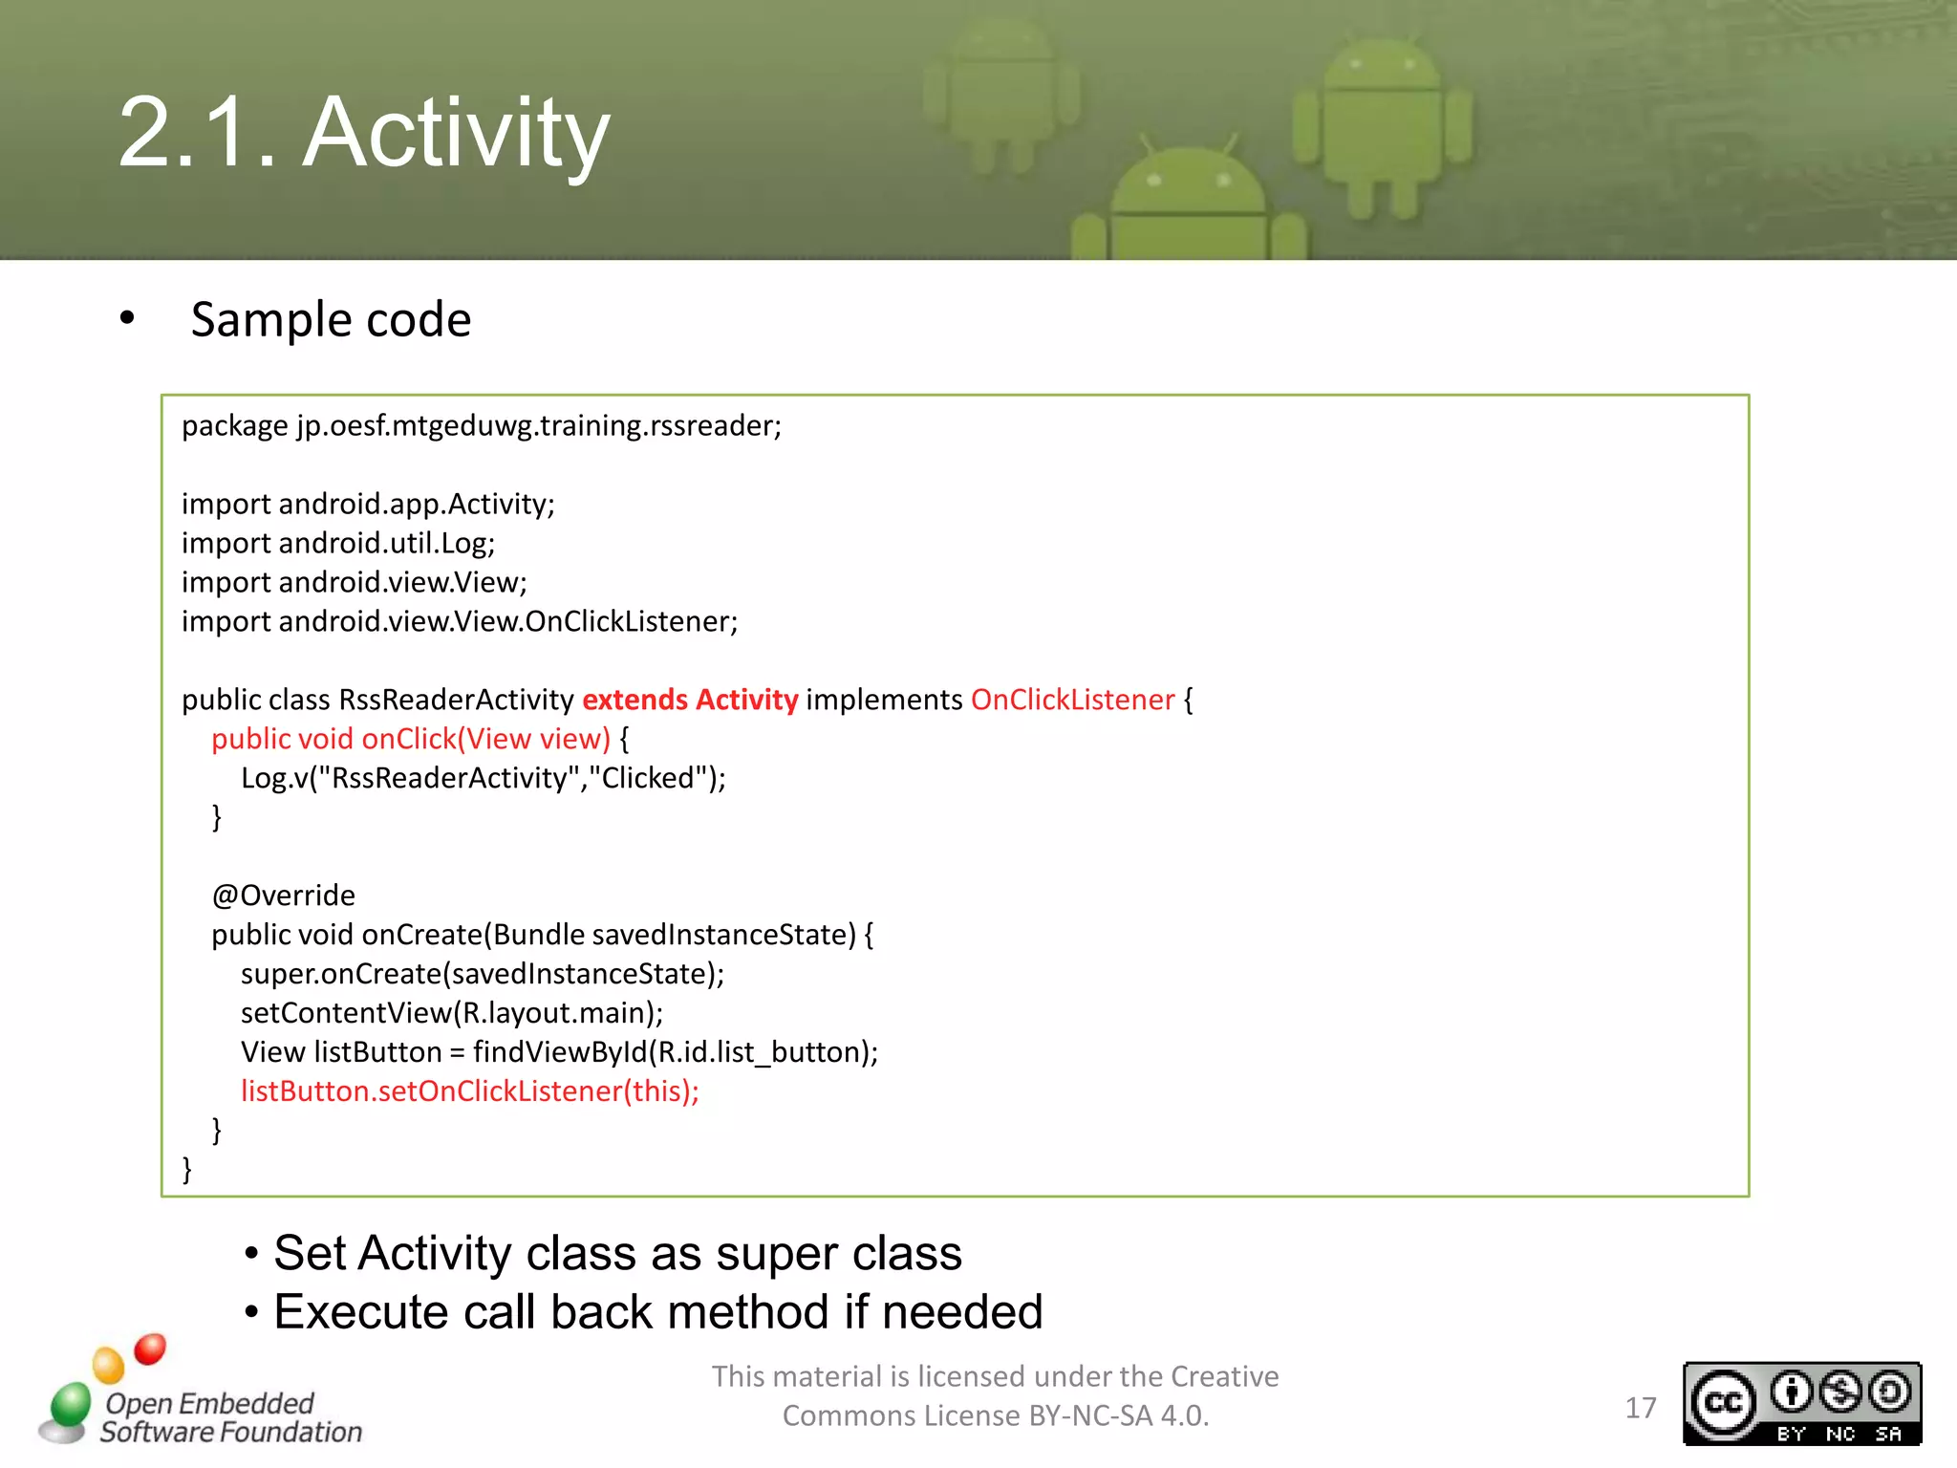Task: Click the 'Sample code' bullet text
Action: tap(330, 319)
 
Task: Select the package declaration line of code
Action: tap(482, 425)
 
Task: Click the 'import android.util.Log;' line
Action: tap(338, 543)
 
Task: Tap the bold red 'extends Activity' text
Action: tap(690, 700)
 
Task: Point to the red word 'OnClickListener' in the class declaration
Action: tap(1072, 700)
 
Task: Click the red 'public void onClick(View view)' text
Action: tap(410, 739)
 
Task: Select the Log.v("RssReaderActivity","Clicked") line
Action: tap(483, 778)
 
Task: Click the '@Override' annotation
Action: tap(283, 896)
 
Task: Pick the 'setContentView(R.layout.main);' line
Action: tap(451, 1013)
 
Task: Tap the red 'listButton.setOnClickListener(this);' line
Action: tap(469, 1091)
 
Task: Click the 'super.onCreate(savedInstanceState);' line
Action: tap(482, 974)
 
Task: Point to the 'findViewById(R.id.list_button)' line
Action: tap(559, 1052)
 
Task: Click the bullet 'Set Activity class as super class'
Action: tap(616, 1253)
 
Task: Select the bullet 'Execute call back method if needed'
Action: tap(657, 1312)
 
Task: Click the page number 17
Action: tap(1640, 1408)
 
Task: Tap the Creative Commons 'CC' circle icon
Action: tap(1723, 1402)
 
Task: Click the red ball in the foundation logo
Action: tap(150, 1349)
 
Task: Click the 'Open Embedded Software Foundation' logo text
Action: tap(229, 1417)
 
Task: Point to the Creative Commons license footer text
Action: tap(995, 1395)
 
